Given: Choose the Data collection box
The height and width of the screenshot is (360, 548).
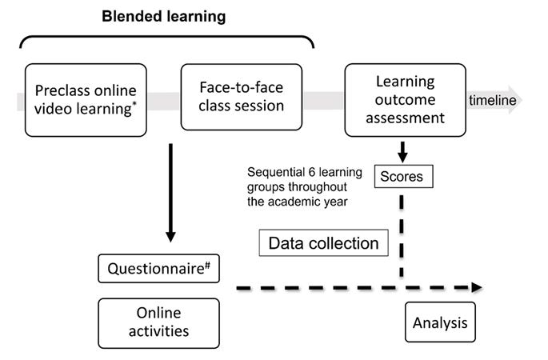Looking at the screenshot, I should point(323,243).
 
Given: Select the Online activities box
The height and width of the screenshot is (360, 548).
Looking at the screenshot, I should point(158,322).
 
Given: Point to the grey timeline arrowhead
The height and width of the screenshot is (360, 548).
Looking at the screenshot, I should point(515,100).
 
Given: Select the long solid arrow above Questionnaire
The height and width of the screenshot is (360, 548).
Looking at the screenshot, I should point(170,192).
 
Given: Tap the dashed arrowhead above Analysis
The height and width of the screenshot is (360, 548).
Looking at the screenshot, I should point(476,287).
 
